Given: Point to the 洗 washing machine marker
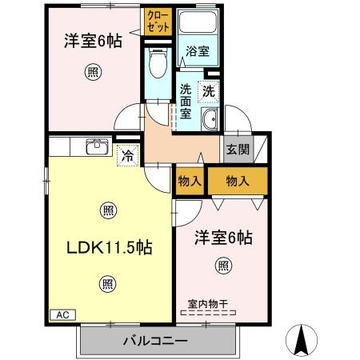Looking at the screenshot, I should coord(208,91).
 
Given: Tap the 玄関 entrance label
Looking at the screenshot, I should coord(238,148).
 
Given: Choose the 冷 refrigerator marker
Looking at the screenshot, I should coord(127,154).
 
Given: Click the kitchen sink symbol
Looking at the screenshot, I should coord(97,146).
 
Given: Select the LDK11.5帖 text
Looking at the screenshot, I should coord(108,247).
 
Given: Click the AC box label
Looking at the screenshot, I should coord(62,315).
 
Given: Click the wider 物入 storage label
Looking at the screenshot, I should coord(238,181).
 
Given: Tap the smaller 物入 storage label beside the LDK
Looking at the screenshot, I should coord(190,181).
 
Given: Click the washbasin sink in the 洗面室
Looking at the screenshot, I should coord(210,122).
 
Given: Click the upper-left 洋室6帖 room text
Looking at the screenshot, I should coord(93,40).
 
